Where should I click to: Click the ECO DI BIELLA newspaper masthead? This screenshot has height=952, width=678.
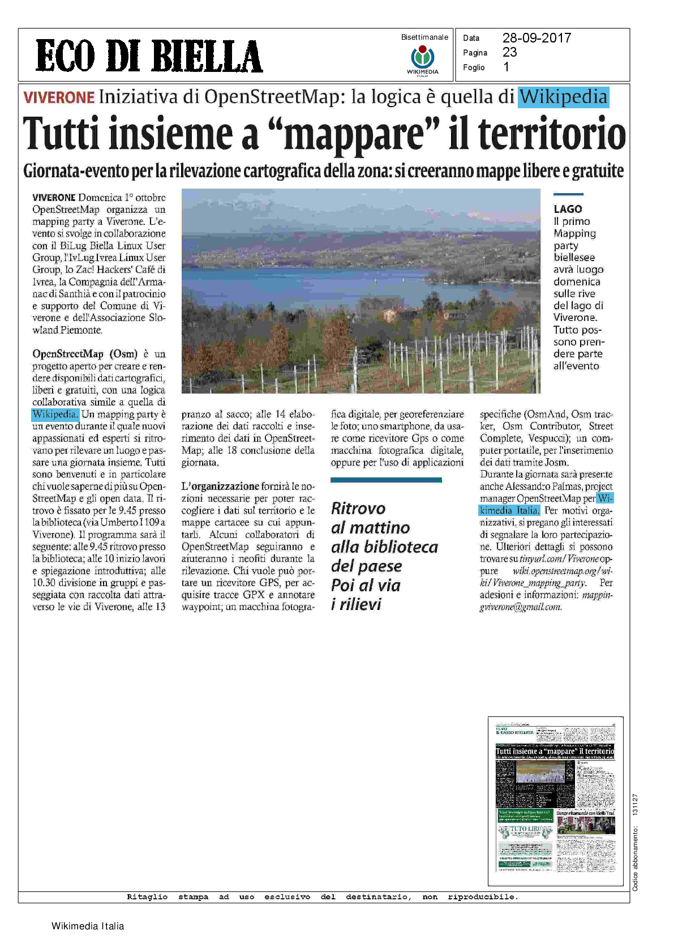click(x=149, y=56)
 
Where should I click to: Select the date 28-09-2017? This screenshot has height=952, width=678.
click(x=537, y=38)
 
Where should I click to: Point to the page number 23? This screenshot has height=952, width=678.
click(x=509, y=52)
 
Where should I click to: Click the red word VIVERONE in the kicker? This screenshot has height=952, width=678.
click(x=59, y=97)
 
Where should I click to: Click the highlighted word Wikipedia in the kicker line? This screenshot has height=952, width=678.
click(x=563, y=97)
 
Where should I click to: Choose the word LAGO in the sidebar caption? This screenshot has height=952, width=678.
click(x=568, y=209)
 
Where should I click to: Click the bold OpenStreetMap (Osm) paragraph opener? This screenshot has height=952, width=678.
click(x=85, y=354)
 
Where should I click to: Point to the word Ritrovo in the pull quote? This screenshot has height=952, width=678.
click(x=358, y=508)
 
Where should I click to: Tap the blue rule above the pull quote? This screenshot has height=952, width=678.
click(x=386, y=480)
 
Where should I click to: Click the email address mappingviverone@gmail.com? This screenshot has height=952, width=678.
click(x=521, y=607)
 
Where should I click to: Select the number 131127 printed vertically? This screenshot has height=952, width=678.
click(x=636, y=804)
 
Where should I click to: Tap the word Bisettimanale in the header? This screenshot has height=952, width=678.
click(x=424, y=37)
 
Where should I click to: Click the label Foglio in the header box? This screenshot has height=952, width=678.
click(x=474, y=67)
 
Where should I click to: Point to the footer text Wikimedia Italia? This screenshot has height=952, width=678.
click(x=88, y=926)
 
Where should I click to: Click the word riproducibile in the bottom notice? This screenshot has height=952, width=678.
click(x=483, y=896)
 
